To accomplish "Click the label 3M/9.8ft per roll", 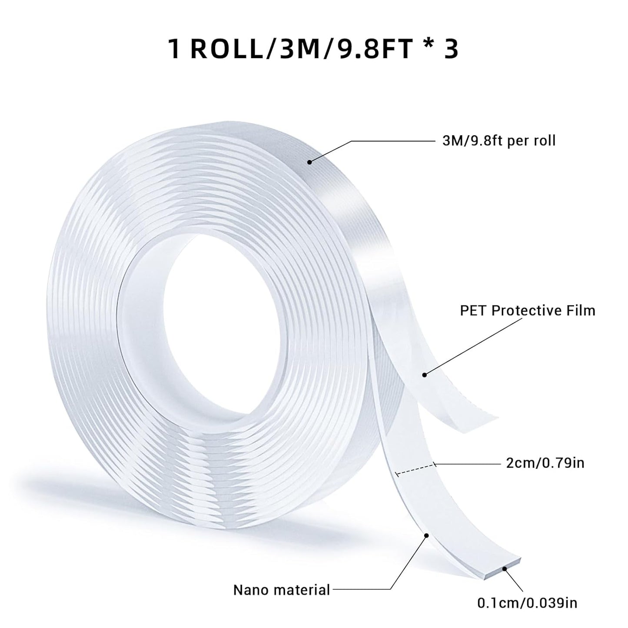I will click(x=495, y=141).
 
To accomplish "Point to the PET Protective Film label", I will click(x=528, y=310).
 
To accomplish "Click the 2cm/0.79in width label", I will click(x=545, y=463).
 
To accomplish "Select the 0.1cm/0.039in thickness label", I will click(x=527, y=603).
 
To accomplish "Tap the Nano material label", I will click(x=282, y=590).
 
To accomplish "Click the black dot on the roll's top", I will click(x=309, y=162).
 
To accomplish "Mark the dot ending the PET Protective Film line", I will click(x=425, y=374).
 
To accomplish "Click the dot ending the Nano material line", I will click(x=426, y=536).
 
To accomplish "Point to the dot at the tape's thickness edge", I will click(x=505, y=568).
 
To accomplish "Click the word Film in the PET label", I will click(x=580, y=310).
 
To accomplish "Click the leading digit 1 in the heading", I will click(x=174, y=49).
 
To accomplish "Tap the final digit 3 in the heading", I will click(x=451, y=49).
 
